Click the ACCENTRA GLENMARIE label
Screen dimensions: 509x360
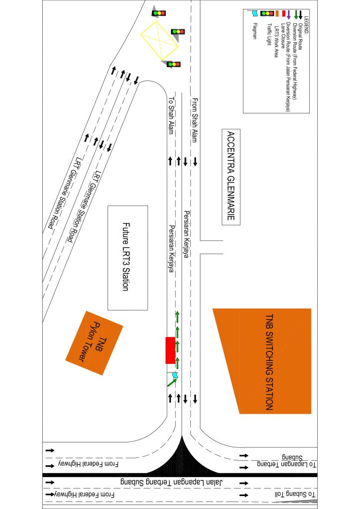point(230,177)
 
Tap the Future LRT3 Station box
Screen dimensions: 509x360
point(128,257)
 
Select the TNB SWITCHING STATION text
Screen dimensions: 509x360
point(269,362)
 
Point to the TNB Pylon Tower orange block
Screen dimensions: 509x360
point(94,343)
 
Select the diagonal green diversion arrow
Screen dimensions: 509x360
point(171,383)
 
